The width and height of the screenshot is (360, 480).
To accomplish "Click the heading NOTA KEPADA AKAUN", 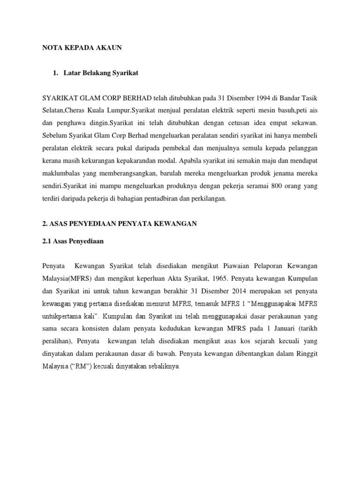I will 82,47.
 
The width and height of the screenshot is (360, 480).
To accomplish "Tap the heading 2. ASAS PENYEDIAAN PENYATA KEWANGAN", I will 120,224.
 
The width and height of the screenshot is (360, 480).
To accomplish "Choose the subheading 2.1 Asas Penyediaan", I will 73,241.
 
